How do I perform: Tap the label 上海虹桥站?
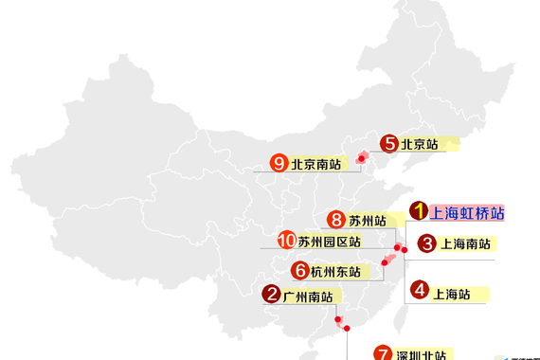(467, 213)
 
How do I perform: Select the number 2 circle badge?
(427, 243)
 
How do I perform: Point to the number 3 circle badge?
(427, 243)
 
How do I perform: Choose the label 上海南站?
(466, 244)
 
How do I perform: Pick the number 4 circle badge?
(420, 290)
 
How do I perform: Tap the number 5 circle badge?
(389, 144)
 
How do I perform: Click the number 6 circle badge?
(300, 270)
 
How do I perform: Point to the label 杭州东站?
(335, 272)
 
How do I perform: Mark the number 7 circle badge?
(384, 353)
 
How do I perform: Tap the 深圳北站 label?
(423, 355)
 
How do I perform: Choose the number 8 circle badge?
(335, 220)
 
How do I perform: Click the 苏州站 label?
(367, 222)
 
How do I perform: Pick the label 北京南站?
(315, 164)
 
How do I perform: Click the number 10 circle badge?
(286, 241)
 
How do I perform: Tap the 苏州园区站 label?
(329, 243)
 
